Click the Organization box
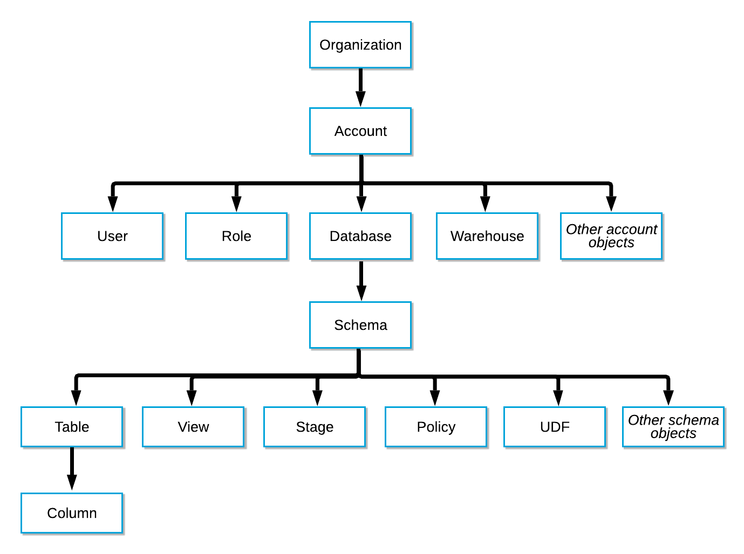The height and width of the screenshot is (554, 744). pyautogui.click(x=360, y=45)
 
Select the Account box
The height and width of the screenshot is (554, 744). pyautogui.click(x=360, y=131)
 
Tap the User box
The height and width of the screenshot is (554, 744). pyautogui.click(x=112, y=236)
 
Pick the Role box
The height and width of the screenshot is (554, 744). pyautogui.click(x=236, y=236)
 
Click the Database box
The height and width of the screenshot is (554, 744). pyautogui.click(x=360, y=236)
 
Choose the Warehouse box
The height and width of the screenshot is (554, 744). pyautogui.click(x=487, y=236)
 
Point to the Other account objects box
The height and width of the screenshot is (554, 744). pyautogui.click(x=611, y=236)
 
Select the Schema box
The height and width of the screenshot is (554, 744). pyautogui.click(x=360, y=325)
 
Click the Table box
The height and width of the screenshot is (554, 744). pyautogui.click(x=72, y=427)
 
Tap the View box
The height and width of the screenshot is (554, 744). pyautogui.click(x=193, y=427)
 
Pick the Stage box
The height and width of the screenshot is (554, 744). pyautogui.click(x=315, y=427)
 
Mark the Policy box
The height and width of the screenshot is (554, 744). pyautogui.click(x=436, y=427)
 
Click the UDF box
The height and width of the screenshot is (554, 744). pyautogui.click(x=555, y=427)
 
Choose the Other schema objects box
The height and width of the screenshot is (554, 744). pyautogui.click(x=673, y=427)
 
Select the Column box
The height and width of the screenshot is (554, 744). pyautogui.click(x=72, y=513)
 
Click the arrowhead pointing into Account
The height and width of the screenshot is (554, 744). pyautogui.click(x=360, y=99)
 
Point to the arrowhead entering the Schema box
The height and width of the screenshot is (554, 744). pyautogui.click(x=361, y=293)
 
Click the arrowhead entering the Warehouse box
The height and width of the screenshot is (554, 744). pyautogui.click(x=485, y=204)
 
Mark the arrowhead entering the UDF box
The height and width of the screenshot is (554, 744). pyautogui.click(x=558, y=398)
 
